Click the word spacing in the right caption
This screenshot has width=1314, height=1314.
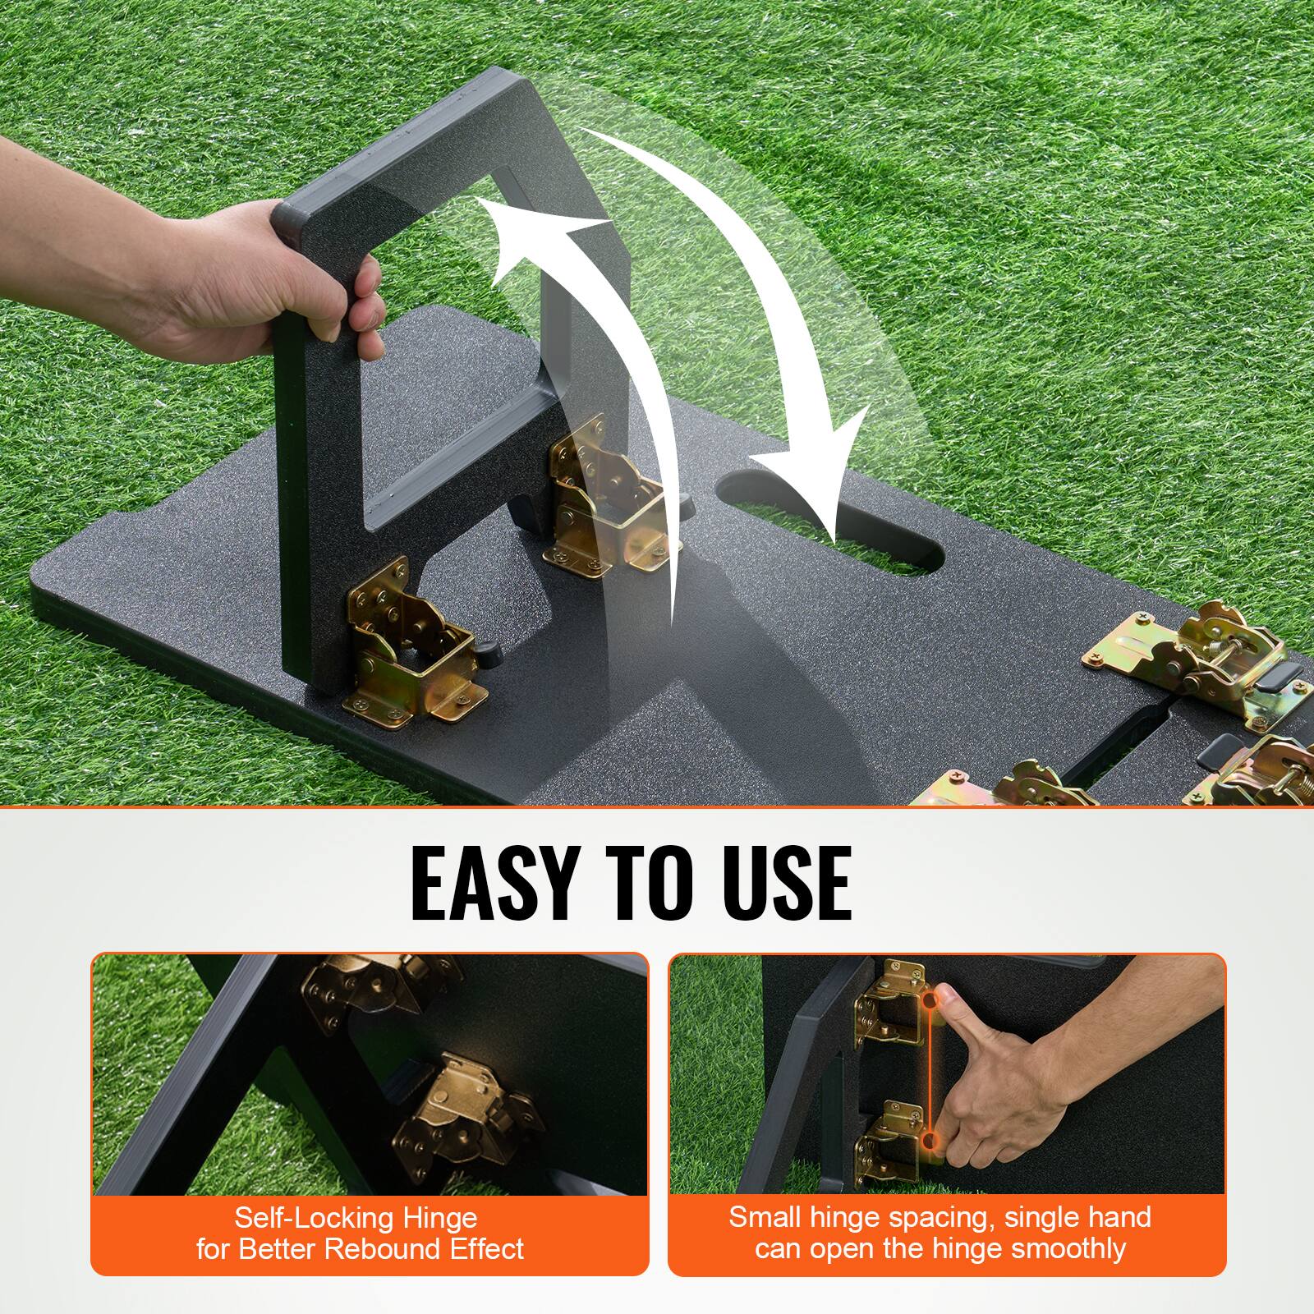point(958,1217)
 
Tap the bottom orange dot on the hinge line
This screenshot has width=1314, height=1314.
point(929,1142)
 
